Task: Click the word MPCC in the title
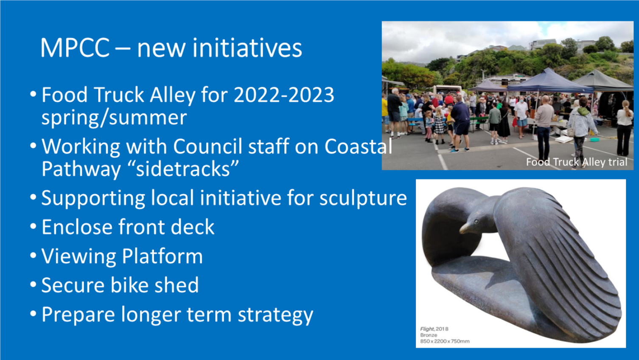pyautogui.click(x=75, y=48)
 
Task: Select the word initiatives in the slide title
pyautogui.click(x=247, y=48)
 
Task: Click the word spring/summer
pyautogui.click(x=114, y=118)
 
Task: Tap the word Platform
pyautogui.click(x=163, y=256)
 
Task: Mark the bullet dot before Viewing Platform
pyautogui.click(x=33, y=256)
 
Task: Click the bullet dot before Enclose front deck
pyautogui.click(x=33, y=226)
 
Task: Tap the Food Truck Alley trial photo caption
pyautogui.click(x=577, y=162)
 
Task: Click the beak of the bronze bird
pyautogui.click(x=465, y=228)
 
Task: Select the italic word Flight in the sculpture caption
pyautogui.click(x=427, y=329)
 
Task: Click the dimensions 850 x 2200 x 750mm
pyautogui.click(x=445, y=341)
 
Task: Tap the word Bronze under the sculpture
pyautogui.click(x=429, y=335)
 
